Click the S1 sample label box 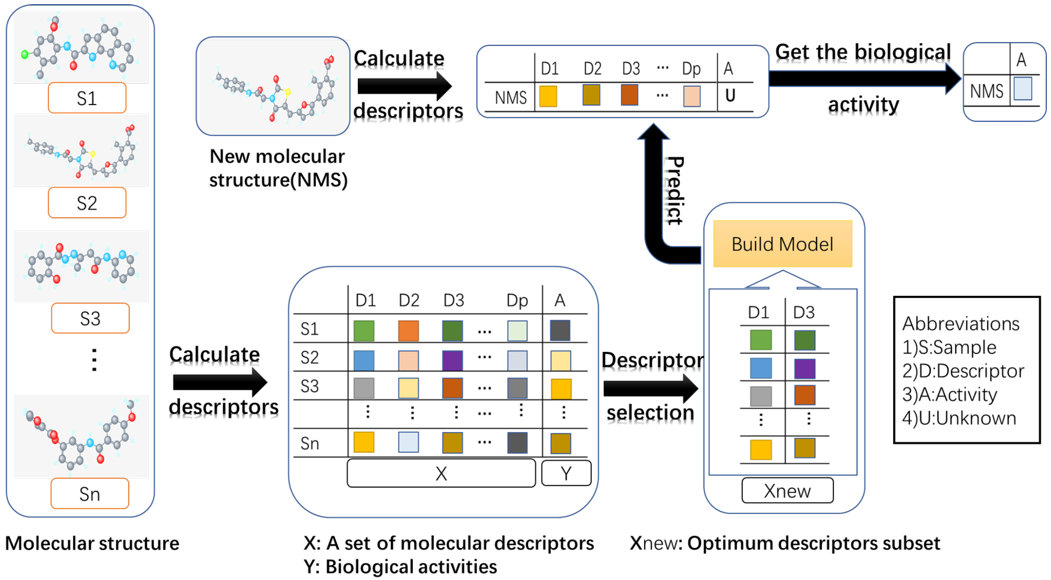click(87, 98)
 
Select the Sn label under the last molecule click(90, 494)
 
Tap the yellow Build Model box click(782, 244)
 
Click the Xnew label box click(787, 490)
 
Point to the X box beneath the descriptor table click(441, 473)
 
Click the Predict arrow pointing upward click(654, 187)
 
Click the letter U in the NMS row click(730, 96)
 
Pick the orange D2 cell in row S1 click(408, 330)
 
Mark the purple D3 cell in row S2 click(452, 360)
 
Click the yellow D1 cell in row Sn click(363, 442)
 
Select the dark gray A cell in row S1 click(560, 330)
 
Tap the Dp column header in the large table click(517, 300)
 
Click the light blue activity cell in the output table click(1022, 89)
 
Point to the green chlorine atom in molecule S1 click(24, 54)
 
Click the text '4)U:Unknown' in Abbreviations click(959, 418)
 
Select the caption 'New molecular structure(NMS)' click(278, 168)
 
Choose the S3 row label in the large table click(309, 386)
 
